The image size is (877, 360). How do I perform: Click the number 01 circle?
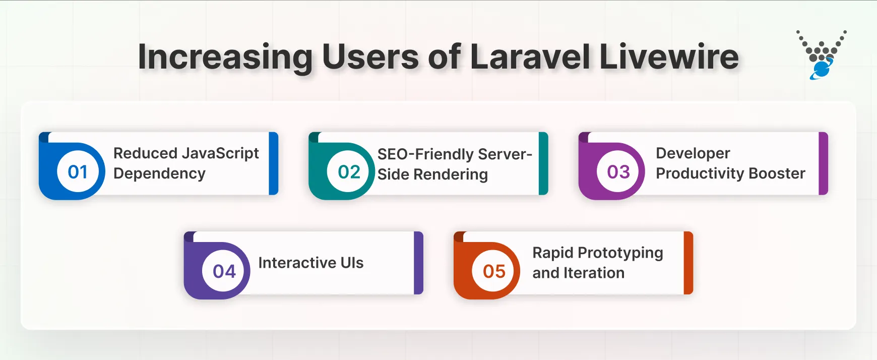point(78,172)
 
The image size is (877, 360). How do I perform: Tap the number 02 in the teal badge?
point(349,172)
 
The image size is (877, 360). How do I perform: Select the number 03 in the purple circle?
point(618,172)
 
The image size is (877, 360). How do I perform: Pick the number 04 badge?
point(224,271)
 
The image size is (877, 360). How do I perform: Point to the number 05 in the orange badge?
point(494,271)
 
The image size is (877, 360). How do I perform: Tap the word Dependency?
point(159,173)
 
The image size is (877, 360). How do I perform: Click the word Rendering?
point(450,174)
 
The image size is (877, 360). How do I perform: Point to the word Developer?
point(693,153)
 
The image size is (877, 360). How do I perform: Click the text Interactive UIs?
point(310,263)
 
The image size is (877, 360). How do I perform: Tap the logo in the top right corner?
point(822,54)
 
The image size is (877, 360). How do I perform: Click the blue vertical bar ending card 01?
point(274,163)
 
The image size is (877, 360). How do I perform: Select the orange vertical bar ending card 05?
point(688,263)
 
